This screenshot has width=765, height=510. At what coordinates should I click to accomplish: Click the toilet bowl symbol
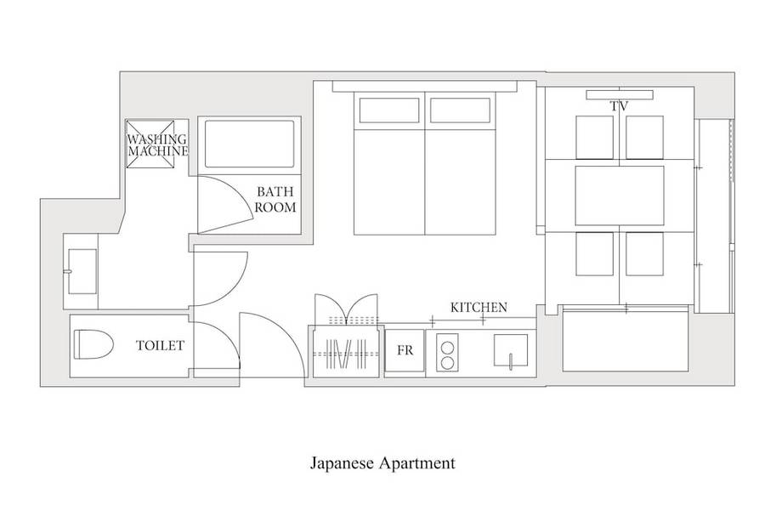[93, 344]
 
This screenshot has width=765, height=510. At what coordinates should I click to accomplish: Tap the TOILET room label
[160, 346]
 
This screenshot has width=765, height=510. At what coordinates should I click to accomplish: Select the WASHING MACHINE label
[157, 145]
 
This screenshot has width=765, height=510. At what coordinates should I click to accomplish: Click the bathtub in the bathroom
[249, 144]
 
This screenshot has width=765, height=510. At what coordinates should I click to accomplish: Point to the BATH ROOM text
[275, 199]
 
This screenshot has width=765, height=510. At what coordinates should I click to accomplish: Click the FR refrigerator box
[405, 350]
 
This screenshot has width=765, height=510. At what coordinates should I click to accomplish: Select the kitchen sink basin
[510, 350]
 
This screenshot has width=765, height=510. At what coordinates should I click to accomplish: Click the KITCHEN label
[479, 308]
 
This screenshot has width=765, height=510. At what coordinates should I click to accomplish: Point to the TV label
[619, 106]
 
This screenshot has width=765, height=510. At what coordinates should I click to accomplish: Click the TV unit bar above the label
[620, 94]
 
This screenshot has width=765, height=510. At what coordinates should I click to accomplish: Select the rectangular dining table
[620, 195]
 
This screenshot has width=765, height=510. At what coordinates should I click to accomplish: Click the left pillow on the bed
[389, 110]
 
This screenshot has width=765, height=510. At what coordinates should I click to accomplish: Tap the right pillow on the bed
[460, 110]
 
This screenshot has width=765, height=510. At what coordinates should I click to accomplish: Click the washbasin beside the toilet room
[82, 271]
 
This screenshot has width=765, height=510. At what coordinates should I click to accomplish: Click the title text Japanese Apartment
[382, 463]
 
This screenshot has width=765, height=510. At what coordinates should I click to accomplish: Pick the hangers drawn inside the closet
[346, 354]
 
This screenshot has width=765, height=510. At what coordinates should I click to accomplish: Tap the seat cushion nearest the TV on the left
[594, 138]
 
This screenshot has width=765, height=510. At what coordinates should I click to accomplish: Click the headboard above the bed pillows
[424, 87]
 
